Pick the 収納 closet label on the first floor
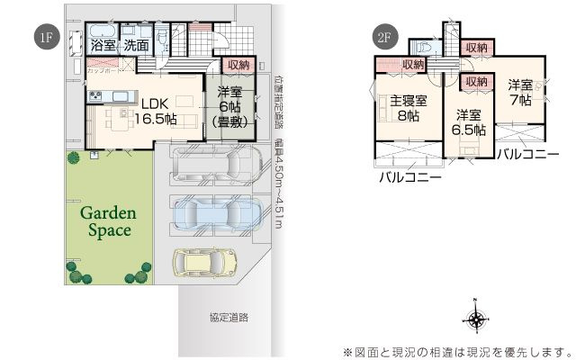238,65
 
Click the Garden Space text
109,221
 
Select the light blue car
214,212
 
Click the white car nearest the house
213,165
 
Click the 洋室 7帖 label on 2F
521,93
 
